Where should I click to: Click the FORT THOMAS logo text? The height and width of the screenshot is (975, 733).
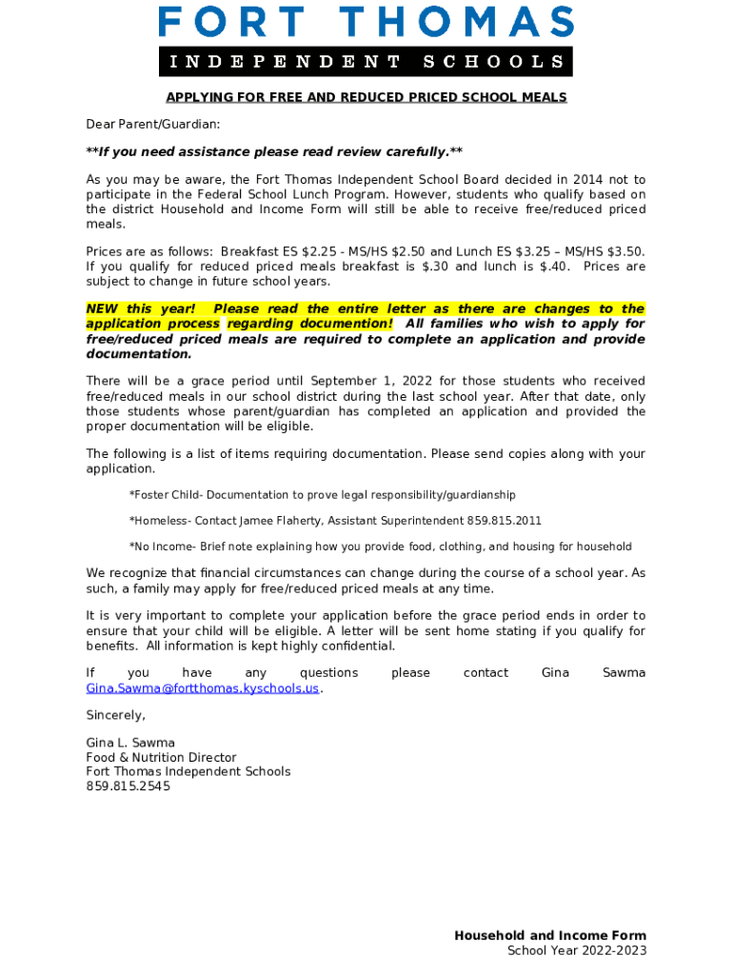coord(366,22)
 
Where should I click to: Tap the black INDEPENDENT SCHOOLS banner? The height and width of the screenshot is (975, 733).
coord(366,62)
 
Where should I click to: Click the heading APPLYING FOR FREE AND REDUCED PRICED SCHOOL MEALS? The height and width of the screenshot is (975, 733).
coord(366,98)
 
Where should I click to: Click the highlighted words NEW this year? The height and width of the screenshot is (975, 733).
coord(141,309)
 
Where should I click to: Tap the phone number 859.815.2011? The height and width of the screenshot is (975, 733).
coord(504,521)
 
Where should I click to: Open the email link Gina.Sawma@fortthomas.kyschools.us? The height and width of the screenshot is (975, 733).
coord(203,688)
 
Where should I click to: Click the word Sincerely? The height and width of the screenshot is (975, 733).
coord(116,715)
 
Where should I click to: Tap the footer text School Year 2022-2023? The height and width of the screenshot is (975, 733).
coord(577,951)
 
